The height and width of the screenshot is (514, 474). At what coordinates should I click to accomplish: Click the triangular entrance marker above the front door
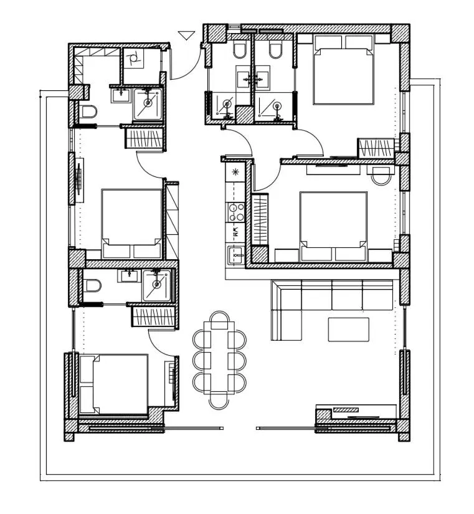186,36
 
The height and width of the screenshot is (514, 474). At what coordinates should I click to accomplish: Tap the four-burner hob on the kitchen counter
235,212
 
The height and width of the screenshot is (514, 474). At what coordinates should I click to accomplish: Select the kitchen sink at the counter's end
235,255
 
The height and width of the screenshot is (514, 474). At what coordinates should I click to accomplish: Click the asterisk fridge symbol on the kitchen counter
235,171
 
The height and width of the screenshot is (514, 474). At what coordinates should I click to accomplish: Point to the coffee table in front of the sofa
348,329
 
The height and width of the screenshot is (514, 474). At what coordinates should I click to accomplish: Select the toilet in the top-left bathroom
89,112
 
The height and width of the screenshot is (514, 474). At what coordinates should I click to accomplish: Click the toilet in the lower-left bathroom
92,287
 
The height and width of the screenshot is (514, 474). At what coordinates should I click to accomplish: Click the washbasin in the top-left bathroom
120,95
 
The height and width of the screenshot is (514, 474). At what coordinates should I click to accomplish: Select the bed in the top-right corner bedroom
343,70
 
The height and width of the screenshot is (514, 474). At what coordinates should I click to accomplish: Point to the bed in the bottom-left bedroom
113,384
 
